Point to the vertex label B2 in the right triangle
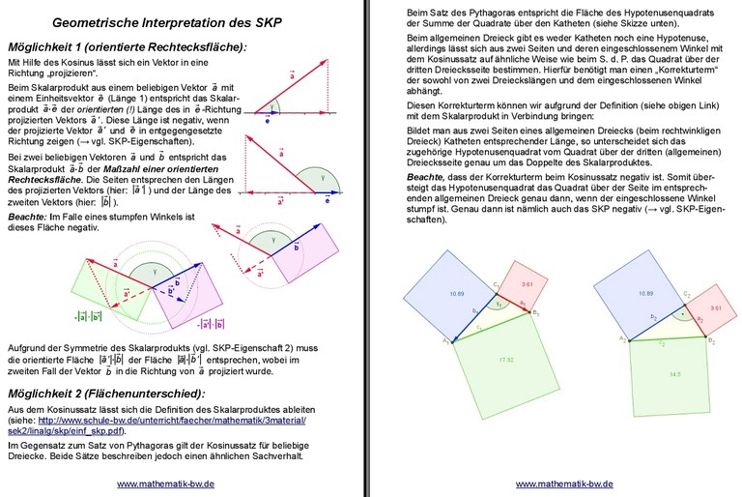coord(711,341)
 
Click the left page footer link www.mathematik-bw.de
coord(166,482)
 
